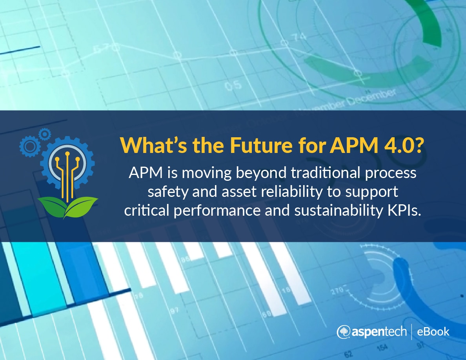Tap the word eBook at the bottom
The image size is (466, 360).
tap(433, 332)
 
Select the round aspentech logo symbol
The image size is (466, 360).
tap(343, 332)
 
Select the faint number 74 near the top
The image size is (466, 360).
tap(299, 38)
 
